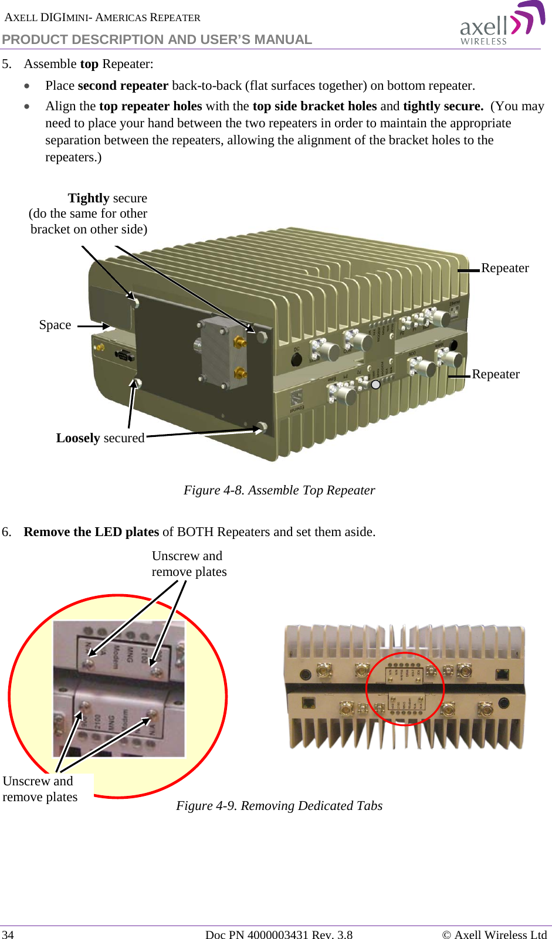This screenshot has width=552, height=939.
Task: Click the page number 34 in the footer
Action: coord(8,934)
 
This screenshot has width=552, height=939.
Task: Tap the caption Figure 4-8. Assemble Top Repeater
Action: coord(279,490)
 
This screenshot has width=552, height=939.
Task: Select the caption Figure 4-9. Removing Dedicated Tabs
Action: coord(279,806)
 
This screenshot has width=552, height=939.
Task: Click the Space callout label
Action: coord(55,325)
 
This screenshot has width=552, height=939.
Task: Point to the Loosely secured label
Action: coord(100,438)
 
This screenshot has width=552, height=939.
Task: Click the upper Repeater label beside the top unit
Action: coord(504,268)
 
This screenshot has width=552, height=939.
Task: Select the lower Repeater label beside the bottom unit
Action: coord(496,374)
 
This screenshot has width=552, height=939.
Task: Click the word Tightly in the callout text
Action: coord(89,198)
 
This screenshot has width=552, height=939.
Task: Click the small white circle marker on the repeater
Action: coord(376,385)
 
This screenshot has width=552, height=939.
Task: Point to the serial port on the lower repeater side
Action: coord(124,355)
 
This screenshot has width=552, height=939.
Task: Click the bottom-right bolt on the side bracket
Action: coord(263,427)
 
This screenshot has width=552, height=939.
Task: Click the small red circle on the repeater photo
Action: coord(405,689)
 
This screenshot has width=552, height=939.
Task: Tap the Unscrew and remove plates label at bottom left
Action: coord(40,789)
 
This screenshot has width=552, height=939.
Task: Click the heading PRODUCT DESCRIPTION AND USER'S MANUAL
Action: coord(157,39)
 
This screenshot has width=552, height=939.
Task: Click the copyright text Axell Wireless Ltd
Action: coord(495,934)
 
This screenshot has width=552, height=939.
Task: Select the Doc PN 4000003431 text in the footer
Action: coord(279,934)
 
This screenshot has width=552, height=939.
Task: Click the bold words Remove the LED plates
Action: coord(92,532)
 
